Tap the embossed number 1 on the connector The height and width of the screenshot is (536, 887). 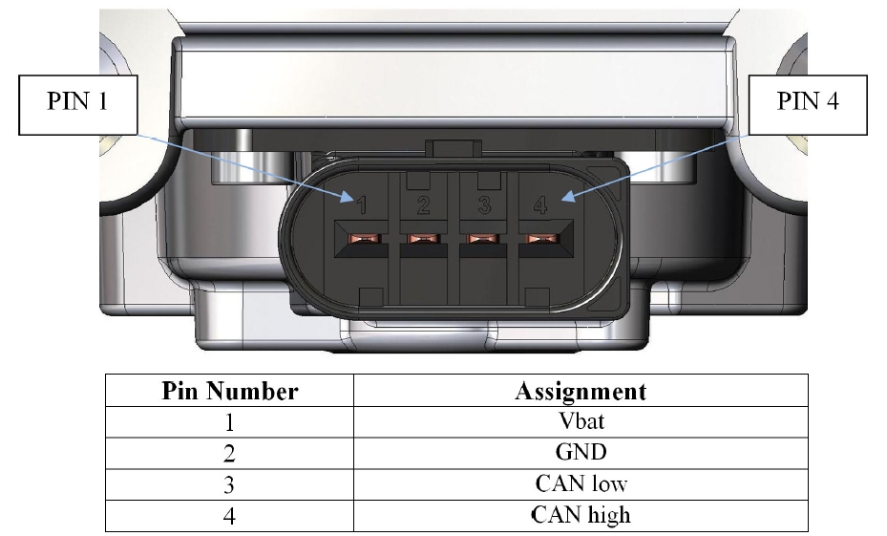361,204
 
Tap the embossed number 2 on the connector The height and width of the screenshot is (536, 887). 423,204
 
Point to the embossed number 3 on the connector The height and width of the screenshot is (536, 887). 484,204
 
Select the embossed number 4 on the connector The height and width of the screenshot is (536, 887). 541,204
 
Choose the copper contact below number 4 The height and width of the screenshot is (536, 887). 537,239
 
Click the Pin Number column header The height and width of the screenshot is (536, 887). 230,391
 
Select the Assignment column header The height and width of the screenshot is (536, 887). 580,391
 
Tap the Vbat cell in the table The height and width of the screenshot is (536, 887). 580,421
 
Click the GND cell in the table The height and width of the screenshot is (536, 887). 580,453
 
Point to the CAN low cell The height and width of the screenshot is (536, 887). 580,483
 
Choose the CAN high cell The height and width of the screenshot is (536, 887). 580,515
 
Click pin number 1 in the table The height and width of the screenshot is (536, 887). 230,421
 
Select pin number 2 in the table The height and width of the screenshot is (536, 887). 230,453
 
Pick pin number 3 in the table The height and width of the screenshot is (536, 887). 230,483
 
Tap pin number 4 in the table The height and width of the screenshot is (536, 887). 230,515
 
